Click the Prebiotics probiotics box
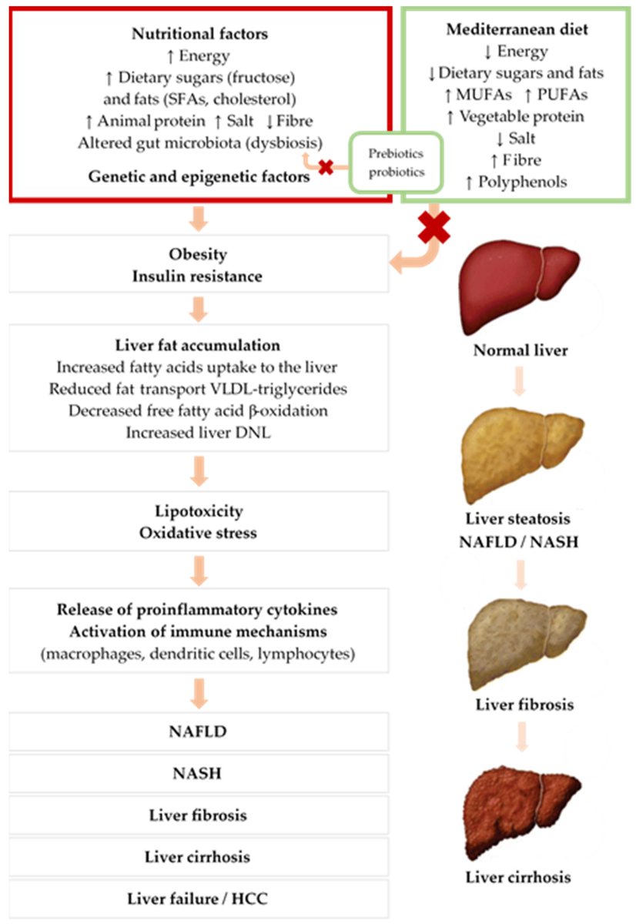(397, 162)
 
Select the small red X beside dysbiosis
(326, 166)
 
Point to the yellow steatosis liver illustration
(516, 455)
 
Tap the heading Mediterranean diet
(517, 31)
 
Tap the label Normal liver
(521, 350)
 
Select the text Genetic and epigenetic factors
(199, 176)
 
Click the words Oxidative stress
(198, 532)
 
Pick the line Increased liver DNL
(198, 432)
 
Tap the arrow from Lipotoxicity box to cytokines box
(199, 569)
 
